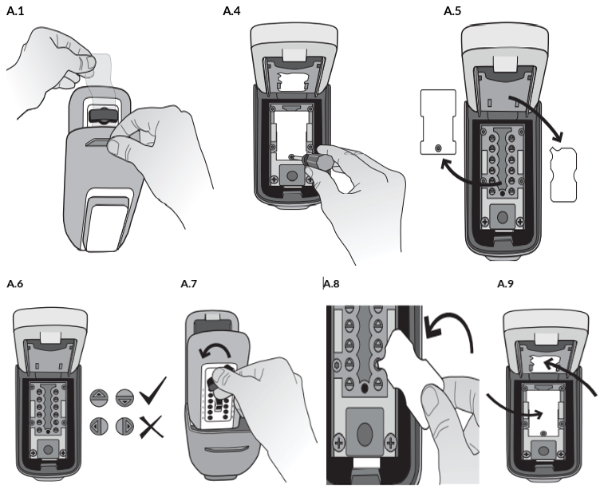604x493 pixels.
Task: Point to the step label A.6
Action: (15, 284)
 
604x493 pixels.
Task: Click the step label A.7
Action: (190, 284)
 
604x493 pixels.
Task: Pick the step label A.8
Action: (334, 284)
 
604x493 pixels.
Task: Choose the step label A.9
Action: (505, 284)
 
